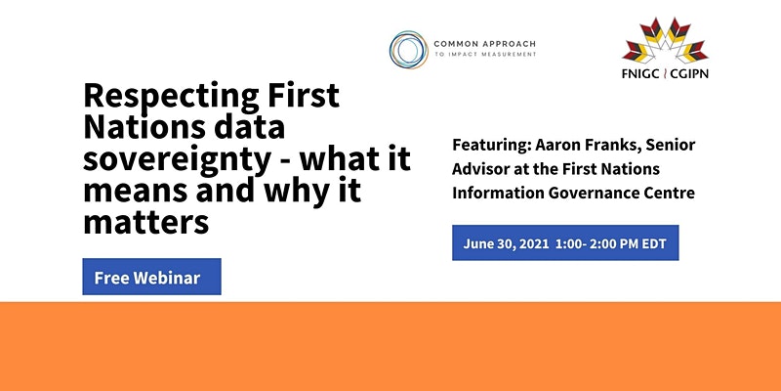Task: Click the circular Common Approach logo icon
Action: (x=408, y=50)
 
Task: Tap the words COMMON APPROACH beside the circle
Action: (x=484, y=44)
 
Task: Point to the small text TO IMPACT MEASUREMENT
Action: (x=485, y=55)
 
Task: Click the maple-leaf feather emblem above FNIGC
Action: (x=665, y=40)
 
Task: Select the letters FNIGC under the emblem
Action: (x=640, y=74)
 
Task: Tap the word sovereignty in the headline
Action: (x=178, y=159)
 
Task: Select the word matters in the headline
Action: (x=145, y=222)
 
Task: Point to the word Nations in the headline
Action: (x=144, y=127)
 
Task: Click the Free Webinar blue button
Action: (x=151, y=277)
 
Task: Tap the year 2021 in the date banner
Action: (x=533, y=243)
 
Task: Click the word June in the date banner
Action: (x=478, y=243)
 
